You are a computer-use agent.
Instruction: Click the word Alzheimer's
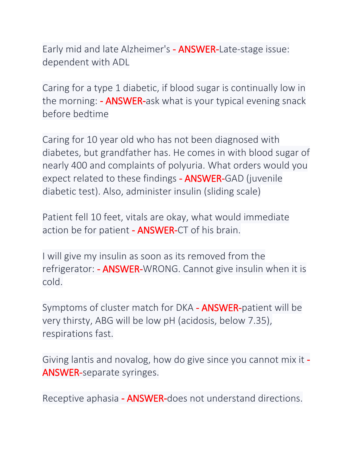[146, 49]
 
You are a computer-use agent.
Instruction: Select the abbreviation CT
[183, 230]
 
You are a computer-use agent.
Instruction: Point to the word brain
[227, 230]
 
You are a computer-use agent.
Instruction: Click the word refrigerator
[68, 269]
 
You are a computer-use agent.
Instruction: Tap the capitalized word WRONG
[160, 269]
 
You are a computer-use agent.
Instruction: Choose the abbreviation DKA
[185, 308]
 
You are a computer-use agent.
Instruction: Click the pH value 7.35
[258, 321]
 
